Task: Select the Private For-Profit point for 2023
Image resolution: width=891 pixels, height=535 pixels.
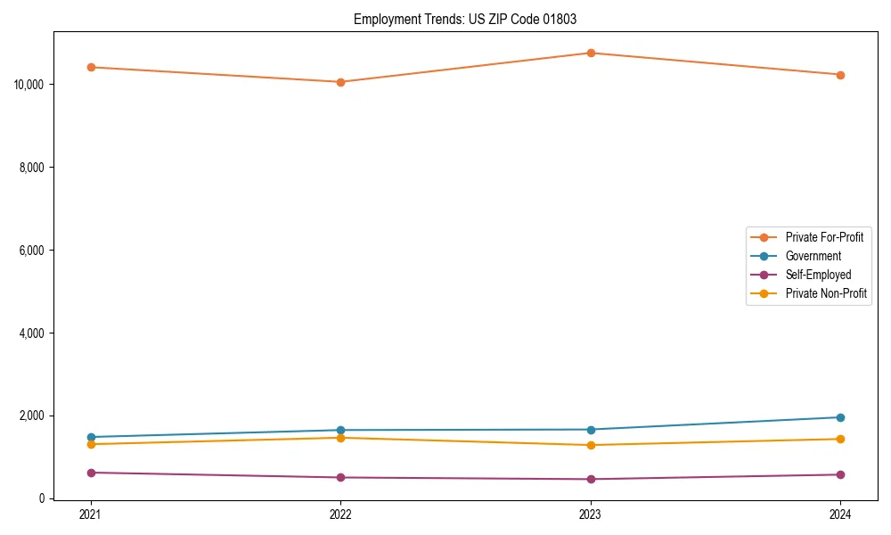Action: click(x=591, y=53)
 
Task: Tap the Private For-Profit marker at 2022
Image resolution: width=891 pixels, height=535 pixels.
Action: click(x=340, y=82)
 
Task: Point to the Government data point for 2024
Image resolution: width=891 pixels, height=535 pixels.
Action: click(x=840, y=417)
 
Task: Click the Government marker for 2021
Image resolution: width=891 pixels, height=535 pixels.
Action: click(x=91, y=437)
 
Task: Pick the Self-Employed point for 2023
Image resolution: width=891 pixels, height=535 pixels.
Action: click(x=591, y=479)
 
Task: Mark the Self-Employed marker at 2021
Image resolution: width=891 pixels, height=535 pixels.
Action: click(x=91, y=473)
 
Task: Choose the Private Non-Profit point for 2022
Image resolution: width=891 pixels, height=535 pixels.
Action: click(x=340, y=438)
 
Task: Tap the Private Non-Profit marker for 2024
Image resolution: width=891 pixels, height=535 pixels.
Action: click(x=840, y=439)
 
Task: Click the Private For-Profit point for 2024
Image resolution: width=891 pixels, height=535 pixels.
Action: click(x=840, y=75)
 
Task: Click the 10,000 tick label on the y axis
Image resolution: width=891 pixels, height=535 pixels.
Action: click(x=30, y=85)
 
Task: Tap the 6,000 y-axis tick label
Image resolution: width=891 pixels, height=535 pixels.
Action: click(x=33, y=251)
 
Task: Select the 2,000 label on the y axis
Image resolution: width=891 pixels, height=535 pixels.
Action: click(x=33, y=416)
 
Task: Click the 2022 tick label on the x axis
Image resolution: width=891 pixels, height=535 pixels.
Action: click(x=340, y=514)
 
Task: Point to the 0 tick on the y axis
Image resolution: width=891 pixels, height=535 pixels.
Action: click(x=42, y=499)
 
